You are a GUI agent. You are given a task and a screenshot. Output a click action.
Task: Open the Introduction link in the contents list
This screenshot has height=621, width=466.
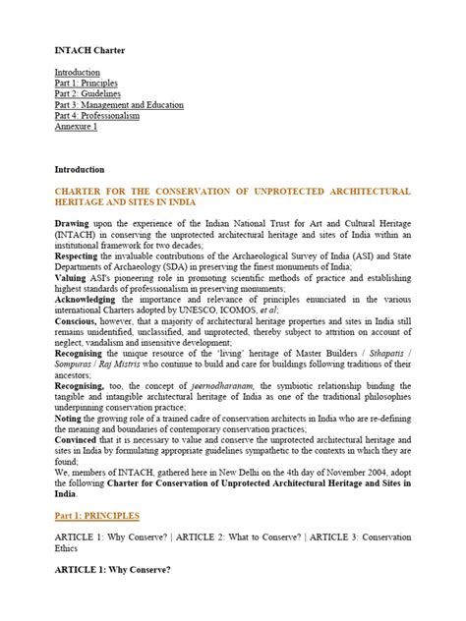78,73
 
